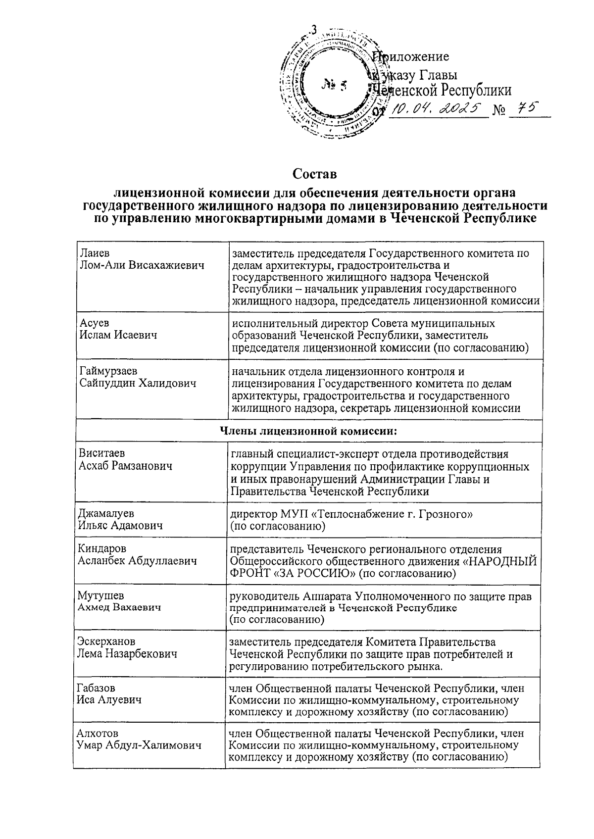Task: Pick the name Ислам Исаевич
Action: click(118, 335)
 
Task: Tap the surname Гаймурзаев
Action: click(108, 371)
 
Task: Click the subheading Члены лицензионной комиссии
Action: click(308, 430)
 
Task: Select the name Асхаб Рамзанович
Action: click(125, 466)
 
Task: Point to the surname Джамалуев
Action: click(106, 513)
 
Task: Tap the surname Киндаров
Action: click(102, 548)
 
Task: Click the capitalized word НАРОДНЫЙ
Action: click(502, 561)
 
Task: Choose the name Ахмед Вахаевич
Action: click(120, 607)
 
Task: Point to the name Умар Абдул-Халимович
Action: click(139, 745)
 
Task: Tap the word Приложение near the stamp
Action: click(412, 56)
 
